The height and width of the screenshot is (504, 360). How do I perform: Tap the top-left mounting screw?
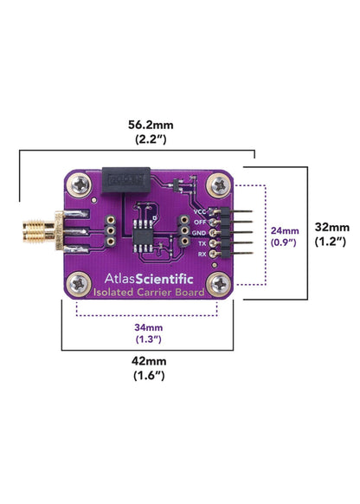coord(79,184)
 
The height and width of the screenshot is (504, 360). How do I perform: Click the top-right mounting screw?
coord(220,185)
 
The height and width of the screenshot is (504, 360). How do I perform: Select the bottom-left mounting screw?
coord(79,284)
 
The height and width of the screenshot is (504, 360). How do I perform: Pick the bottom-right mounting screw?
coord(219,284)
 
